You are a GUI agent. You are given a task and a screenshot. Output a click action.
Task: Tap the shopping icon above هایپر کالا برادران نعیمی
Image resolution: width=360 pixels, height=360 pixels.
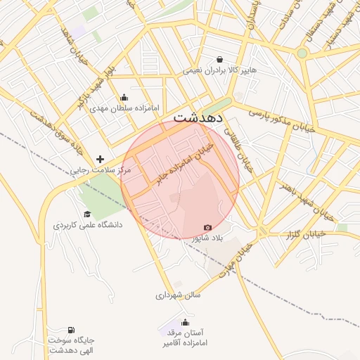click(x=220, y=60)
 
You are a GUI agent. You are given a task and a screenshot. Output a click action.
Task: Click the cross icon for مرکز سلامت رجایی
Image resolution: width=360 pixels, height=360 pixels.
click(x=101, y=160)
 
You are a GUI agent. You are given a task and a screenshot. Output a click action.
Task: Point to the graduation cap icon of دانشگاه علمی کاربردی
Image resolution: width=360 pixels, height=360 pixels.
click(x=87, y=214)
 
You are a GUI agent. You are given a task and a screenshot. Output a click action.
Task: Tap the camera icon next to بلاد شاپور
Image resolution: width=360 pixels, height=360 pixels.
click(x=207, y=227)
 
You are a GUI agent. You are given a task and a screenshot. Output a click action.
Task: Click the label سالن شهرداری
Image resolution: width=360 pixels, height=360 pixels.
click(x=178, y=295)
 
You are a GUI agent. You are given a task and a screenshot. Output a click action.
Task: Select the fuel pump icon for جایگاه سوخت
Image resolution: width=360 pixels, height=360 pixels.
click(x=71, y=330)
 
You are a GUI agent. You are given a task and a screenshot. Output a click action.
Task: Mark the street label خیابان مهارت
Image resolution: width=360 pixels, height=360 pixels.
click(x=234, y=259)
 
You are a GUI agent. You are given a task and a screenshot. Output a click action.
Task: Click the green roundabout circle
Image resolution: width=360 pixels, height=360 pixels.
click(x=302, y=53)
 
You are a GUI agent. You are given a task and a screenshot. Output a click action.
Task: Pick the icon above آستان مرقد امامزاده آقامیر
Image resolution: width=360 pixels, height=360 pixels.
click(x=186, y=323)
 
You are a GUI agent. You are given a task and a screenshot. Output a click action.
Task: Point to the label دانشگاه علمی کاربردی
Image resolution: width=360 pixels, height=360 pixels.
click(x=87, y=225)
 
